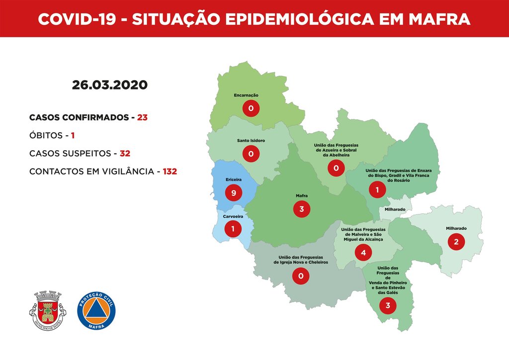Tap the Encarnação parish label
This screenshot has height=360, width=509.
coord(246,95)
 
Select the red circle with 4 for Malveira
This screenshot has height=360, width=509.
coord(363,253)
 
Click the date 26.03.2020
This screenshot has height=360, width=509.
coord(109,85)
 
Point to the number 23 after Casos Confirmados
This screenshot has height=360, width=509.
coord(143,118)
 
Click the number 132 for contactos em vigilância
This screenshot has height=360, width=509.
coord(170,171)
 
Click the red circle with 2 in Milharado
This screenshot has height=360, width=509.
coord(456,242)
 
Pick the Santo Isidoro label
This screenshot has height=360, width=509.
coord(251,141)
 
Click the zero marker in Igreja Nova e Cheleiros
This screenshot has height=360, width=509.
coord(300,275)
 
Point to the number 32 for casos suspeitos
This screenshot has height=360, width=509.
coord(125,153)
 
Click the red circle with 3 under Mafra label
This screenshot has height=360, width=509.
coord(302,209)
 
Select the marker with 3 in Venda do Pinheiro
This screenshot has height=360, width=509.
coord(388,306)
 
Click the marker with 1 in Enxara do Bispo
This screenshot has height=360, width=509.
coord(377,189)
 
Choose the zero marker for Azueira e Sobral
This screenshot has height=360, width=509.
coord(336,169)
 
